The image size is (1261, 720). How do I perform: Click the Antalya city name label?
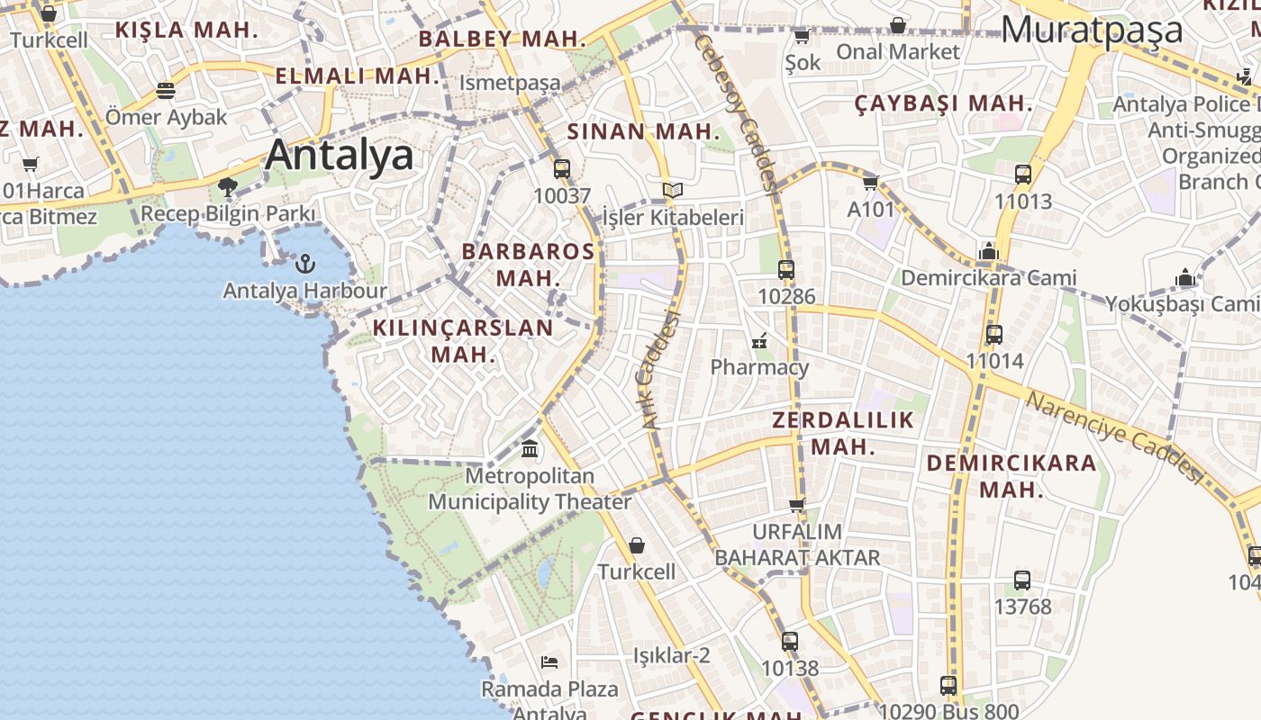click(x=340, y=155)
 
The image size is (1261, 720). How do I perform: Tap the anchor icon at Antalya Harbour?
click(x=305, y=264)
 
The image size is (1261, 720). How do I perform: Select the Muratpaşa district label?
click(x=1092, y=30)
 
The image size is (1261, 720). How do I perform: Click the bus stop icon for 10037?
click(x=562, y=168)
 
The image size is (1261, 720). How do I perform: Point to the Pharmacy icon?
click(x=759, y=341)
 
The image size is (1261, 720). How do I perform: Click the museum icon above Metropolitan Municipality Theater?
click(x=530, y=448)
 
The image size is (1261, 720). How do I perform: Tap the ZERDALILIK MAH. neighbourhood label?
click(x=843, y=433)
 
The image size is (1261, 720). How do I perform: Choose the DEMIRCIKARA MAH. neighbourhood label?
click(x=1012, y=476)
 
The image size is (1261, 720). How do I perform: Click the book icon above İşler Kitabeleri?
click(x=672, y=190)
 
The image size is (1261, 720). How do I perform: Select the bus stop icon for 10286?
click(x=786, y=269)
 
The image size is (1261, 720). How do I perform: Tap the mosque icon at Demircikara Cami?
click(x=989, y=251)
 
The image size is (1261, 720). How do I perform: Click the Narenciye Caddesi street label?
click(x=1115, y=436)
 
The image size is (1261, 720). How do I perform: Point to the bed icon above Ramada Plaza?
click(x=549, y=662)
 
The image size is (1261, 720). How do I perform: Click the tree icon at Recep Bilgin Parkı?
click(x=228, y=187)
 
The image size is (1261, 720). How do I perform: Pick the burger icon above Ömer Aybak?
click(x=166, y=90)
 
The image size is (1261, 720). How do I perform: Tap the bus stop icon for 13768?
click(x=1022, y=580)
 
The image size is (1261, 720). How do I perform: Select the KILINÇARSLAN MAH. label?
click(x=463, y=340)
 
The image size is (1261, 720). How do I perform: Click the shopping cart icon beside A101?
click(x=870, y=183)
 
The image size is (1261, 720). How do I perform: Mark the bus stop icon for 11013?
click(x=1023, y=175)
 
